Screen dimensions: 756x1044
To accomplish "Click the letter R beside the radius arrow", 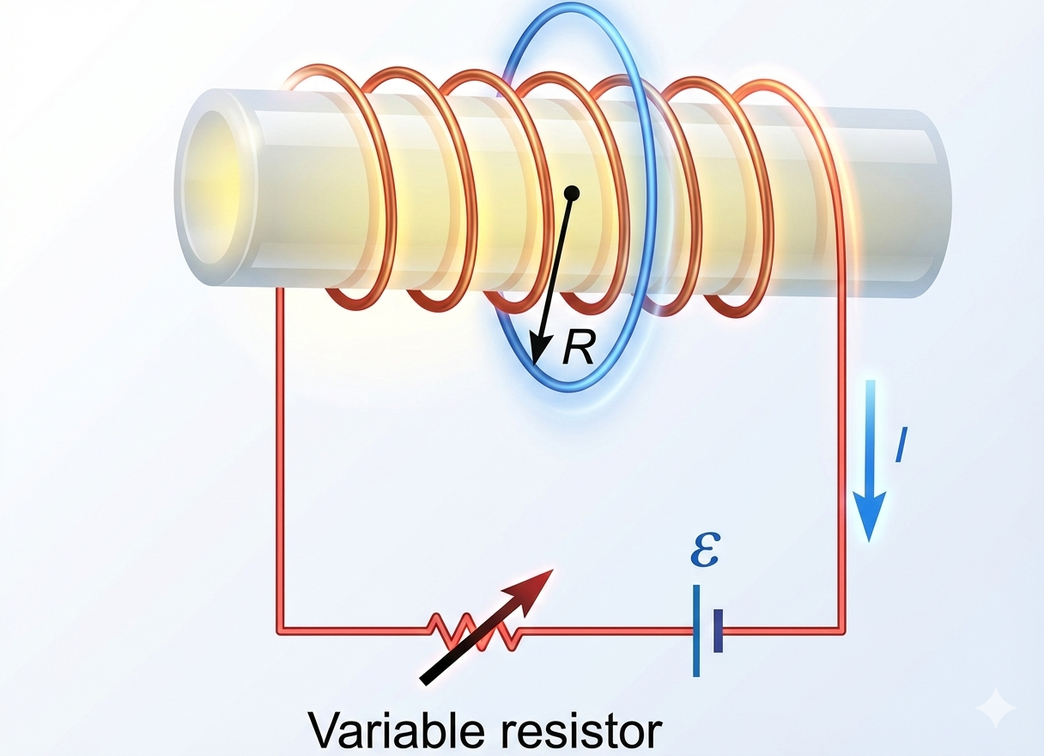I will coord(579,348).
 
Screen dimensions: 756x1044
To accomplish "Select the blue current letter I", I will coord(901,448).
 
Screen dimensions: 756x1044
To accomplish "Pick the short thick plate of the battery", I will coord(718,631).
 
